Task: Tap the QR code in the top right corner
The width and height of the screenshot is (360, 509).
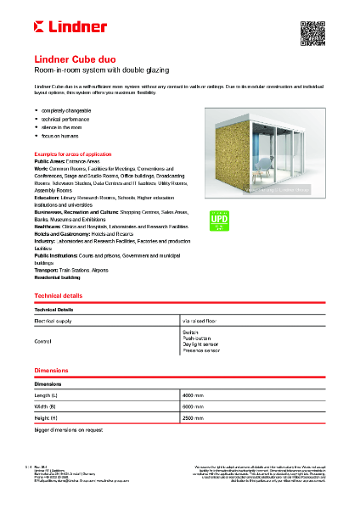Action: pyautogui.click(x=313, y=30)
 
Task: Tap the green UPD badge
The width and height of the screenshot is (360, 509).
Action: pyautogui.click(x=218, y=221)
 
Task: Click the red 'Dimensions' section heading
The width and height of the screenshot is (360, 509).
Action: pyautogui.click(x=50, y=371)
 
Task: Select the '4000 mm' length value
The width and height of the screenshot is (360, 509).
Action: pyautogui.click(x=194, y=395)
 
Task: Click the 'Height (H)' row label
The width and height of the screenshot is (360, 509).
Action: pyautogui.click(x=47, y=418)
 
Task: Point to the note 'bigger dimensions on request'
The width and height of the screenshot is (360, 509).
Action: pyautogui.click(x=69, y=430)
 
